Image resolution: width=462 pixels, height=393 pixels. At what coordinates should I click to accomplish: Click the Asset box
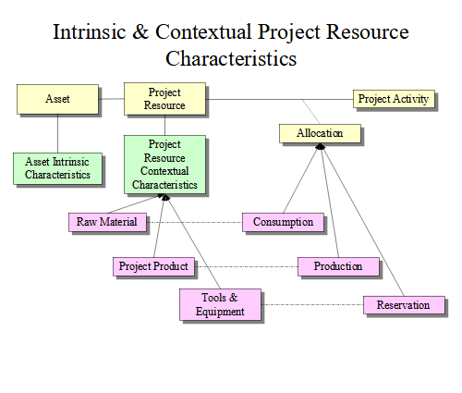point(57,99)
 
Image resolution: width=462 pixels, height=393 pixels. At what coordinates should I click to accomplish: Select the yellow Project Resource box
point(164,99)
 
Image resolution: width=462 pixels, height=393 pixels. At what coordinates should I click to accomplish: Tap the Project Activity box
point(394,99)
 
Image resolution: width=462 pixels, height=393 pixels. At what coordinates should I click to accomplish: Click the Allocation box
point(320,133)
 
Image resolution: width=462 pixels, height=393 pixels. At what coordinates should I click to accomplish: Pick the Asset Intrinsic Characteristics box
point(57,168)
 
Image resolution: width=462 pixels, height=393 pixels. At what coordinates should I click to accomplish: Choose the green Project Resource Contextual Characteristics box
point(164,165)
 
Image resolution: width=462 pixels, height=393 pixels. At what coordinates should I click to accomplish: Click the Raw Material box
point(107,222)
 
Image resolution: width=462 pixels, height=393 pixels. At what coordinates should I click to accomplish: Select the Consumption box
point(283,222)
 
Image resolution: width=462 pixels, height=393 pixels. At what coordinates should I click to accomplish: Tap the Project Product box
point(153,266)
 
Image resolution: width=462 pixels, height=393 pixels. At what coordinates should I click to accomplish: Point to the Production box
point(338,266)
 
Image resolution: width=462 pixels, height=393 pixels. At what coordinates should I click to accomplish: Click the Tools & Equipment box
point(220,304)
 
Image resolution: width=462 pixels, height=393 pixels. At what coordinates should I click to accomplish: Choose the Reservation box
point(404,305)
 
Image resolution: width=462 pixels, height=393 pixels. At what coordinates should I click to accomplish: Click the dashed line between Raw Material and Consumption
point(194,222)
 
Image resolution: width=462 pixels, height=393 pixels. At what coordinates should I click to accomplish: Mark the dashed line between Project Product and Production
point(246,266)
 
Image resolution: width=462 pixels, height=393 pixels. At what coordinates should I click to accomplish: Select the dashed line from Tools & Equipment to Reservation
point(312,305)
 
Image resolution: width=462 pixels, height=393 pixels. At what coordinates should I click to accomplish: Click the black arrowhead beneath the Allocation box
point(321,147)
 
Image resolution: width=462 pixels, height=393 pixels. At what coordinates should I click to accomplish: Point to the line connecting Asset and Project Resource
point(111,99)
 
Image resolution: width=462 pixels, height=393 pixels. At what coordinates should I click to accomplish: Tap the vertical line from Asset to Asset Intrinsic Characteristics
point(57,133)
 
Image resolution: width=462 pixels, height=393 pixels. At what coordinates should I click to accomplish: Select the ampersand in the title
point(140,31)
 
